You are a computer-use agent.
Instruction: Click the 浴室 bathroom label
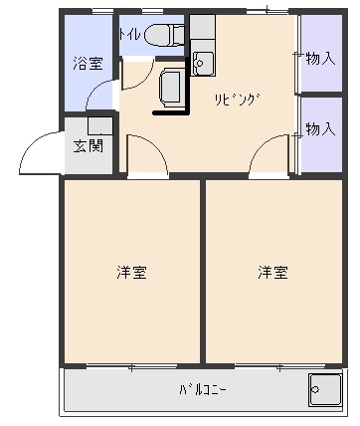[88, 64]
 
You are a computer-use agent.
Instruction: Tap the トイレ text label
[130, 33]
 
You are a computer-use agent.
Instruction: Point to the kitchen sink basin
[204, 63]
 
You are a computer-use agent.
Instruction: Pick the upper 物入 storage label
[320, 59]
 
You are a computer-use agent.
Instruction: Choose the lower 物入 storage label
[320, 129]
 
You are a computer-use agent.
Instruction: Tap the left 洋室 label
[132, 271]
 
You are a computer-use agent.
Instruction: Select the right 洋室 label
[273, 271]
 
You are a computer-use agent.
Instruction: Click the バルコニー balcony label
[205, 388]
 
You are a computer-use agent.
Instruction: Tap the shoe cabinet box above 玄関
[99, 125]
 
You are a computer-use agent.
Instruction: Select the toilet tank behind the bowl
[177, 36]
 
